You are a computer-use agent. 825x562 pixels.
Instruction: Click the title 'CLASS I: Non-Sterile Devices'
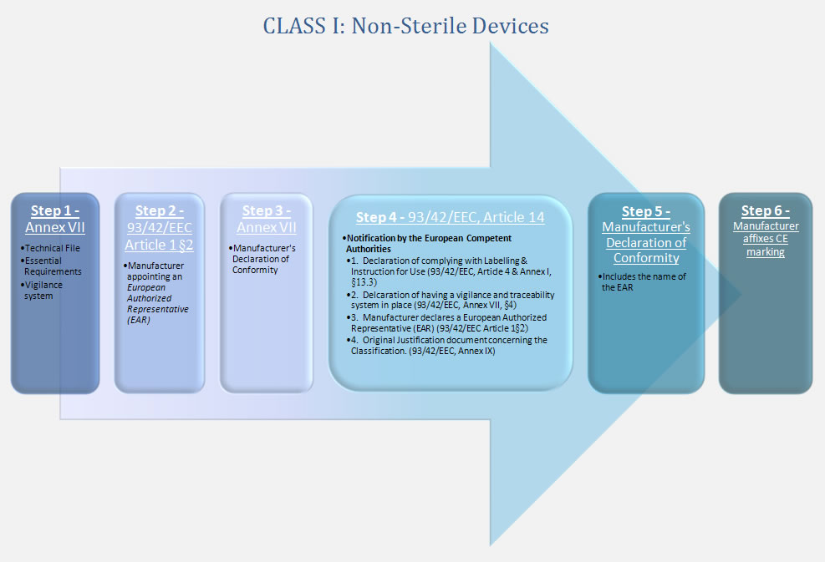[405, 26]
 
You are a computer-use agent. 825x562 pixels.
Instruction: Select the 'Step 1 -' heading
[55, 210]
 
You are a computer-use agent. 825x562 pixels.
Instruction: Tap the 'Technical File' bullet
[52, 248]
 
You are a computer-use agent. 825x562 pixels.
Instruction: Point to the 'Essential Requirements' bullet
[52, 266]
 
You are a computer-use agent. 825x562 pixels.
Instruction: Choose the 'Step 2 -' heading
[159, 210]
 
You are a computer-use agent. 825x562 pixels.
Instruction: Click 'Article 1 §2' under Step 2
[159, 245]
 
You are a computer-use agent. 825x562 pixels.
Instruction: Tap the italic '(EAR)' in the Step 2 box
[140, 320]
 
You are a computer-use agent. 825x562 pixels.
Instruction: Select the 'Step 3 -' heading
[266, 210]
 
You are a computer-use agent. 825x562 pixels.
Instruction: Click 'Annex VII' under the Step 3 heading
[266, 227]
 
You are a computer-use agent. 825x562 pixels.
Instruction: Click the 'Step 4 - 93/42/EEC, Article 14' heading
[450, 217]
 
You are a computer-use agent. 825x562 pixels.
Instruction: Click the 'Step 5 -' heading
[645, 211]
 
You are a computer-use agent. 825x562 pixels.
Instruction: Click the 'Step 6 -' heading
[765, 210]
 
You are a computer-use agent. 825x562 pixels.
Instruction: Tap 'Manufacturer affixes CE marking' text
[766, 239]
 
